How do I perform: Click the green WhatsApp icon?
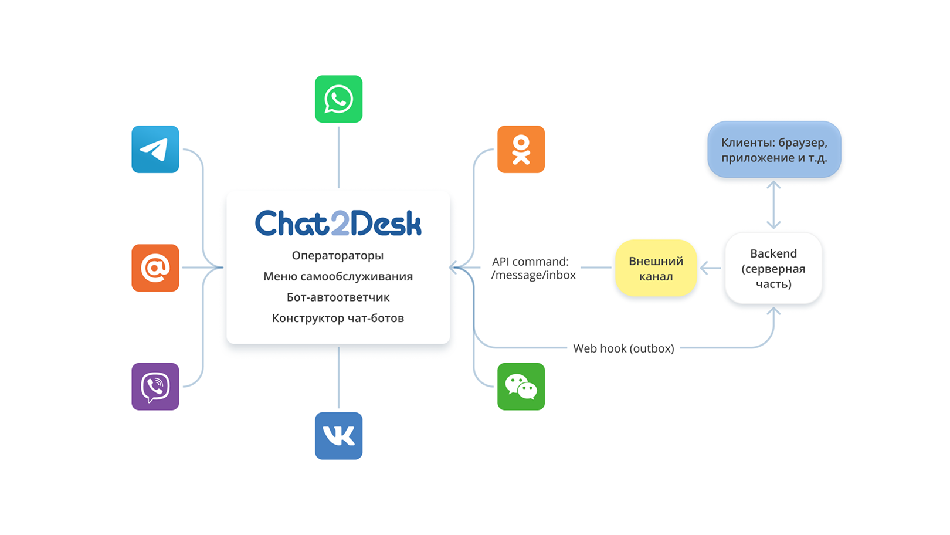pyautogui.click(x=338, y=99)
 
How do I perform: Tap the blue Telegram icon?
pyautogui.click(x=155, y=149)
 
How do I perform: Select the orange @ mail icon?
pyautogui.click(x=155, y=267)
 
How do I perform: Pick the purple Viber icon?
pyautogui.click(x=155, y=387)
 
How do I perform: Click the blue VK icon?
pyautogui.click(x=338, y=436)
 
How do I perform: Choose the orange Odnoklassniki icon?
pyautogui.click(x=521, y=149)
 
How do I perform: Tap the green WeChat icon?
pyautogui.click(x=521, y=387)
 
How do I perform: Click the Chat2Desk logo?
pyautogui.click(x=338, y=223)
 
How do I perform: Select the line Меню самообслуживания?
pyautogui.click(x=338, y=277)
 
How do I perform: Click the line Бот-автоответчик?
pyautogui.click(x=338, y=297)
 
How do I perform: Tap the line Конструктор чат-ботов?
pyautogui.click(x=338, y=318)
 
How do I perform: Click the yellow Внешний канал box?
pyautogui.click(x=656, y=268)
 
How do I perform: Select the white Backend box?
pyautogui.click(x=773, y=268)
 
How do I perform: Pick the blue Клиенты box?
pyautogui.click(x=774, y=150)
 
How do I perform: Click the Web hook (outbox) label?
pyautogui.click(x=623, y=348)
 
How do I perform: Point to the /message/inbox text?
pyautogui.click(x=534, y=275)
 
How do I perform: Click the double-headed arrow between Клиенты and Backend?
pyautogui.click(x=773, y=205)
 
